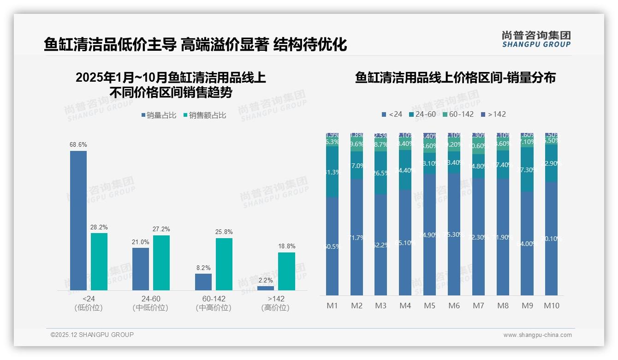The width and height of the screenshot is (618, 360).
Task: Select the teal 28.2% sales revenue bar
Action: pyautogui.click(x=99, y=261)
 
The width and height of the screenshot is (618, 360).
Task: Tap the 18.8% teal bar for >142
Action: pyautogui.click(x=286, y=271)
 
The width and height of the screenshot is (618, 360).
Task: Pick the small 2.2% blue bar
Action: pyautogui.click(x=266, y=288)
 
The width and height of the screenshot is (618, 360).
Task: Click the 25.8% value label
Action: pyautogui.click(x=224, y=232)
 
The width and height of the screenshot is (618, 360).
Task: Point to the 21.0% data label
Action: pyautogui.click(x=141, y=242)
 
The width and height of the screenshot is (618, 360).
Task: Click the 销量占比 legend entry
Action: pyautogui.click(x=159, y=115)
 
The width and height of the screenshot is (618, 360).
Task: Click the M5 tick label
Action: pyautogui.click(x=429, y=306)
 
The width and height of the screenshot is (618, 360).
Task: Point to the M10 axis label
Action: pyautogui.click(x=551, y=306)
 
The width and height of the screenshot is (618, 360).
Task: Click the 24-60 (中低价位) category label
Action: pyautogui.click(x=150, y=303)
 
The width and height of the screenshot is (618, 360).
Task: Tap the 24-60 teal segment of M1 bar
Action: pyautogui.click(x=332, y=172)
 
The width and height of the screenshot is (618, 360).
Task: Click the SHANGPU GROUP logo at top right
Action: pyautogui.click(x=536, y=39)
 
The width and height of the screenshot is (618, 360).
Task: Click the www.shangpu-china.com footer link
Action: pyautogui.click(x=537, y=335)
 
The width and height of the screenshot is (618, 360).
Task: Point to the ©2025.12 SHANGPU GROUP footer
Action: pyautogui.click(x=92, y=335)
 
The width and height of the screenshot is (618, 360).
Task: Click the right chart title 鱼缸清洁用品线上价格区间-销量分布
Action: pyautogui.click(x=455, y=78)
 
